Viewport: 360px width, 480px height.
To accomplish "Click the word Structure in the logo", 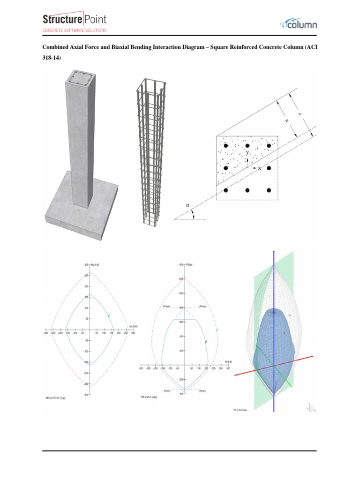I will (62, 20).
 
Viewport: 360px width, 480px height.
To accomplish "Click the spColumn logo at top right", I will (299, 23).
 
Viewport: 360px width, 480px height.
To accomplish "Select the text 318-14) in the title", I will (52, 58).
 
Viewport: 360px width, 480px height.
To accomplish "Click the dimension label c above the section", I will (299, 114).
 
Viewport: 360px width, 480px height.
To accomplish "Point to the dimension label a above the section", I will (287, 120).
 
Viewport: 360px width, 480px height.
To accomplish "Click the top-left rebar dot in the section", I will (225, 146).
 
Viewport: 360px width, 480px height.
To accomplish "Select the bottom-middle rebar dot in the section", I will (247, 190).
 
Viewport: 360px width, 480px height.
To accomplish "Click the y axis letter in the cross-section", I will (248, 153).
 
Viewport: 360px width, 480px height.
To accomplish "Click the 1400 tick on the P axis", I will (181, 265).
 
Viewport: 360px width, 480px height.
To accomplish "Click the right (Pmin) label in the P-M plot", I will (203, 390).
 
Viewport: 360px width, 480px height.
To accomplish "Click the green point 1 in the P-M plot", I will (217, 330).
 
